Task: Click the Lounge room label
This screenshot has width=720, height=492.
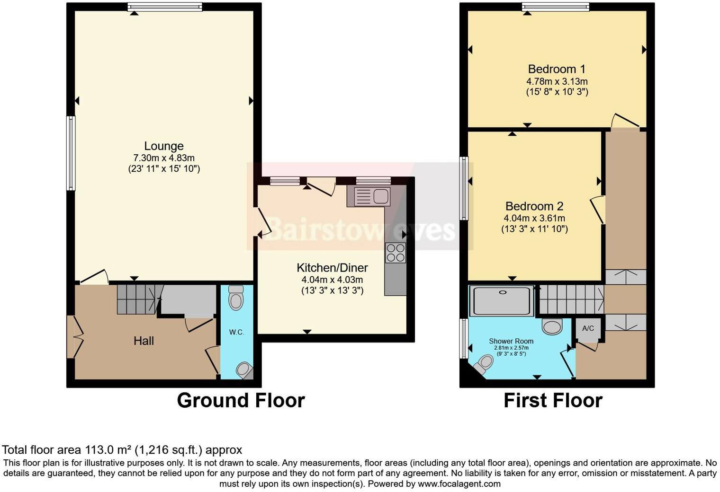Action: [163, 146]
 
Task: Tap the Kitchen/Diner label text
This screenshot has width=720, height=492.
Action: [332, 268]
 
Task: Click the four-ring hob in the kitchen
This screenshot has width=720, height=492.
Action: [396, 253]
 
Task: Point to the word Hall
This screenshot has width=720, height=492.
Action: [144, 341]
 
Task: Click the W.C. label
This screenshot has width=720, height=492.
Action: [236, 332]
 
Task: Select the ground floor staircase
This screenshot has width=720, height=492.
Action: [137, 299]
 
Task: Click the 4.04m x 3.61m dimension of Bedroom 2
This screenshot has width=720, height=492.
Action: [534, 219]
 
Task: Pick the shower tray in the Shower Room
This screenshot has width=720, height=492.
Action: [501, 300]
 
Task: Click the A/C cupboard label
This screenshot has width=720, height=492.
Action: [588, 328]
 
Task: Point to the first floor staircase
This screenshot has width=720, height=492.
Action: [571, 299]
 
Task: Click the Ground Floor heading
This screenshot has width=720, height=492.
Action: [241, 400]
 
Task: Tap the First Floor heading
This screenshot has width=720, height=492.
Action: [553, 400]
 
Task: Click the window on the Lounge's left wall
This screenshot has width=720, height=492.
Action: [71, 153]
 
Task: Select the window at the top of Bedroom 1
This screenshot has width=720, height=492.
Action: [556, 7]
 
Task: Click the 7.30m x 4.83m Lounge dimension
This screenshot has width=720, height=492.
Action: [164, 158]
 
